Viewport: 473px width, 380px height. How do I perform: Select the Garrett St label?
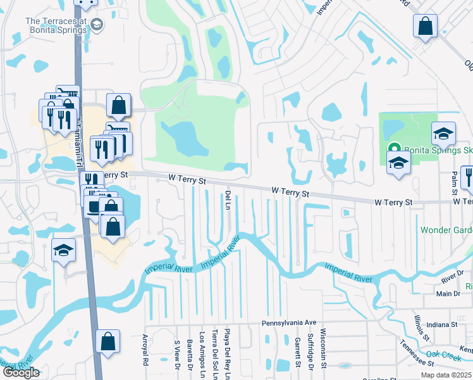297,351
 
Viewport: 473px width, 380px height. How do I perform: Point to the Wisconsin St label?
322,348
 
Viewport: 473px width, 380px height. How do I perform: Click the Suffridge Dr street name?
310,350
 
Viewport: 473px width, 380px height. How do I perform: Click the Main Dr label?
448,294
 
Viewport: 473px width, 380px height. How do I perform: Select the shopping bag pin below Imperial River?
108,341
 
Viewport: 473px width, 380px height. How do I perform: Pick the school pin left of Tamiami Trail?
64,251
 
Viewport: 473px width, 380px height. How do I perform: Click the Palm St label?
454,182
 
